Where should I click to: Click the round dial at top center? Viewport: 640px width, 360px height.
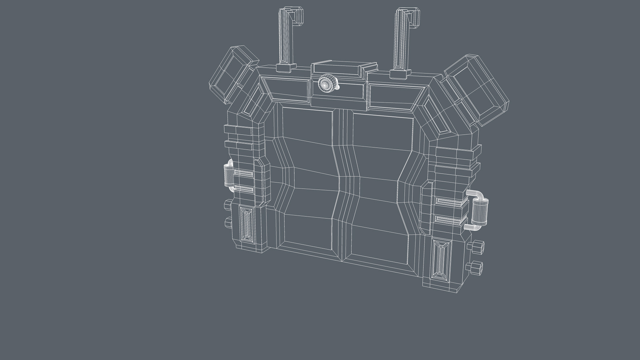tap(325, 84)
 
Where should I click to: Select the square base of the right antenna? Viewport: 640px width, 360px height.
tap(399, 74)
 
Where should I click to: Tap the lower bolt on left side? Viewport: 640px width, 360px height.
tap(228, 222)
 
